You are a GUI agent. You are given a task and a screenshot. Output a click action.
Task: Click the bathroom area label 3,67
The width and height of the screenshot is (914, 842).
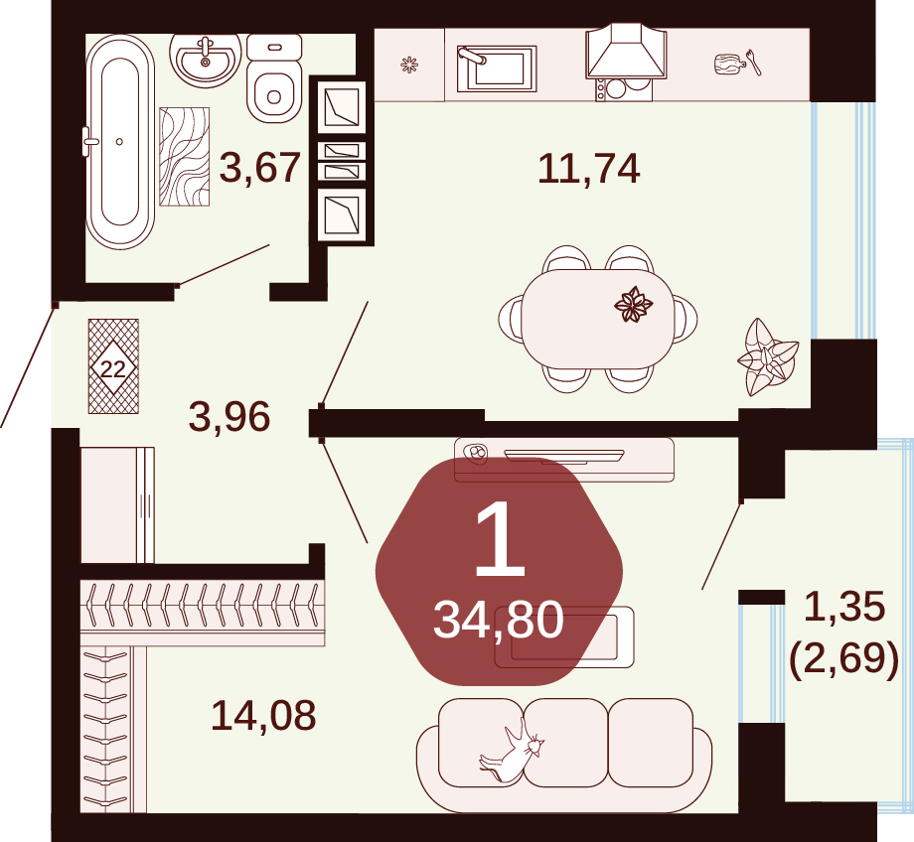pos(260,168)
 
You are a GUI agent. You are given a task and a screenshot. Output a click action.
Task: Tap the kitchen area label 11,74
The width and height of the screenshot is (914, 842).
pos(589,169)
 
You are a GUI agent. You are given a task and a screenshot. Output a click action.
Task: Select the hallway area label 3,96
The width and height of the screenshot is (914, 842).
pos(229,417)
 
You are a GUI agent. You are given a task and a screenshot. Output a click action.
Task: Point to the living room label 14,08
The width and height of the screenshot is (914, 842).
pos(263,715)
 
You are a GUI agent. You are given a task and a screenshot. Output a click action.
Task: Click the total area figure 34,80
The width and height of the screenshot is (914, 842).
pos(499,621)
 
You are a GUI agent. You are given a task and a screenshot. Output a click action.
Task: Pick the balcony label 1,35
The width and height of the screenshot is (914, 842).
pos(844,606)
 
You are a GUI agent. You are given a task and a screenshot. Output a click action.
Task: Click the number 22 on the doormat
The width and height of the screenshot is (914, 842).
pos(113,368)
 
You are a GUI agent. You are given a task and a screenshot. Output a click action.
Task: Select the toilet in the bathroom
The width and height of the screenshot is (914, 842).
pos(274,77)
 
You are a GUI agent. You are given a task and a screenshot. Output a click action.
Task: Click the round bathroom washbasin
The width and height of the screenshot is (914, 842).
pos(206,59)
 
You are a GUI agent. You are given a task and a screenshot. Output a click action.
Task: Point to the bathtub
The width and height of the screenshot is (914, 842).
pos(119,142)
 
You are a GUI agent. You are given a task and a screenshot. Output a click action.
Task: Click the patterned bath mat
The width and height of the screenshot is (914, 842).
pos(184,157)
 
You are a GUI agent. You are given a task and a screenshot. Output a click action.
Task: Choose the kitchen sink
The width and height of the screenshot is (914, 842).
pos(496,69)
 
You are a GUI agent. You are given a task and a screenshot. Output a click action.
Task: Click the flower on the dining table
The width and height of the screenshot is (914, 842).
pos(634,304)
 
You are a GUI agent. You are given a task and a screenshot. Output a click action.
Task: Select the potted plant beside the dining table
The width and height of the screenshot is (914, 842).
pos(767,356)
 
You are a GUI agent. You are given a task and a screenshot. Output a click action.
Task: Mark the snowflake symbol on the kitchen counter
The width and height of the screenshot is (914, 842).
pos(409,65)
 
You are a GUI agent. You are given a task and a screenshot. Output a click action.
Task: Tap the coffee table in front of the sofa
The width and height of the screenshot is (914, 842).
pos(563,636)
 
